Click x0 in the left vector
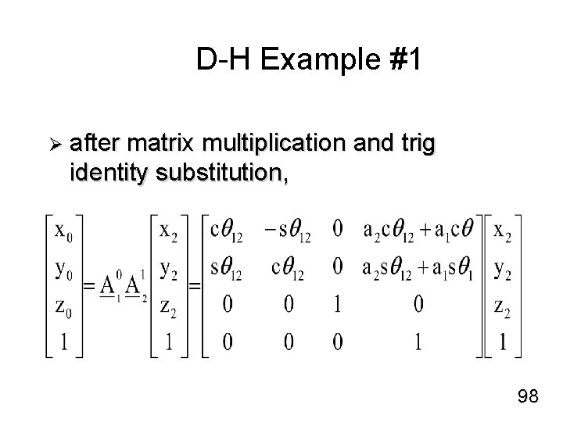tap(64, 231)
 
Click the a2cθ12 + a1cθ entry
tap(418, 231)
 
